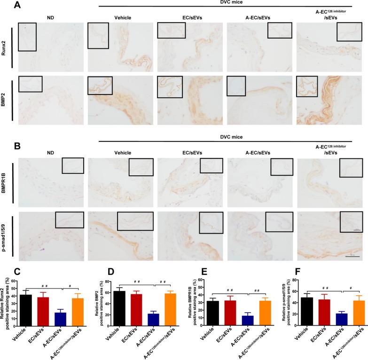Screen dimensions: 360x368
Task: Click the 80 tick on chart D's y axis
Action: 109,281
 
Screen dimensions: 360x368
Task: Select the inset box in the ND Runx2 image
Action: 27,36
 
